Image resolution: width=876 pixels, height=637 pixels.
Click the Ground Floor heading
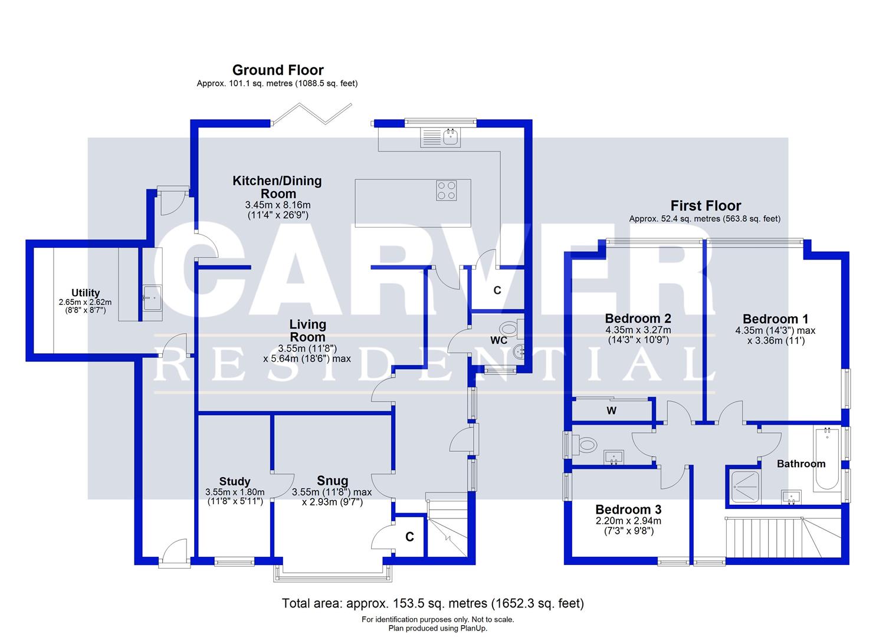[278, 70]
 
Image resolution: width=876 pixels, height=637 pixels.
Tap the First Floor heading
[705, 206]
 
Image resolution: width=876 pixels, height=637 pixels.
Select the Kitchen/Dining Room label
[277, 187]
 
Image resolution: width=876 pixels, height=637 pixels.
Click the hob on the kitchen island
[446, 190]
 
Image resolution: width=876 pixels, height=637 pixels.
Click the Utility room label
[86, 293]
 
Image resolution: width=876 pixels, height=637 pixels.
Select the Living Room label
[307, 330]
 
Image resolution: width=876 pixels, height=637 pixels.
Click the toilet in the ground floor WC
[508, 328]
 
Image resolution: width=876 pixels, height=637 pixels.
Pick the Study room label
[235, 481]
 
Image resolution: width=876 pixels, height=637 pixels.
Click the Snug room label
[332, 480]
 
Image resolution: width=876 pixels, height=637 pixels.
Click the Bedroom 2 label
[638, 319]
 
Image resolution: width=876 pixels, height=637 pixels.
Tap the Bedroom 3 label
[628, 510]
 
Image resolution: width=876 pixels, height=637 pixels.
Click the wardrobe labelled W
[612, 411]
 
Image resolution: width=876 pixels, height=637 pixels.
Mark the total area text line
[433, 603]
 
